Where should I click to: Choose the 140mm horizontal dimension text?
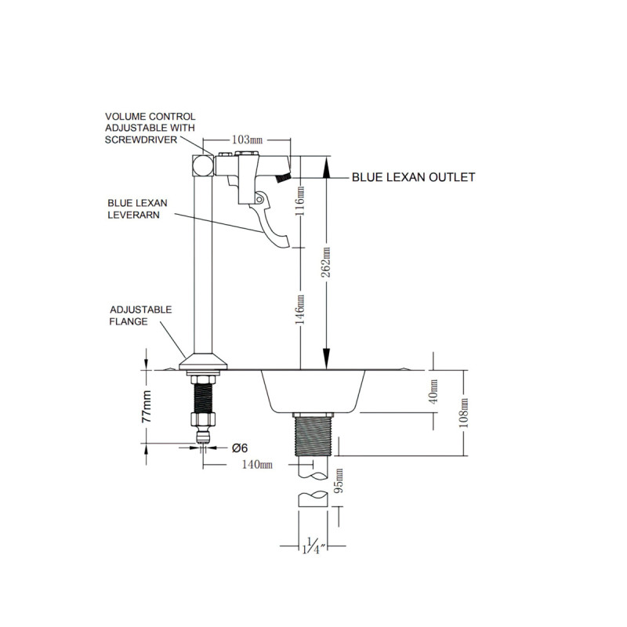click(x=256, y=465)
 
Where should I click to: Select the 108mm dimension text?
click(x=466, y=412)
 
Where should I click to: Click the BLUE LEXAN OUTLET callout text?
click(x=413, y=178)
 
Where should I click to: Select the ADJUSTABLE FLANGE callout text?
click(x=140, y=316)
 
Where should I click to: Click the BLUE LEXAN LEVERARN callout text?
click(x=134, y=208)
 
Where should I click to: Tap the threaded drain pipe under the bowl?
click(x=316, y=434)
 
